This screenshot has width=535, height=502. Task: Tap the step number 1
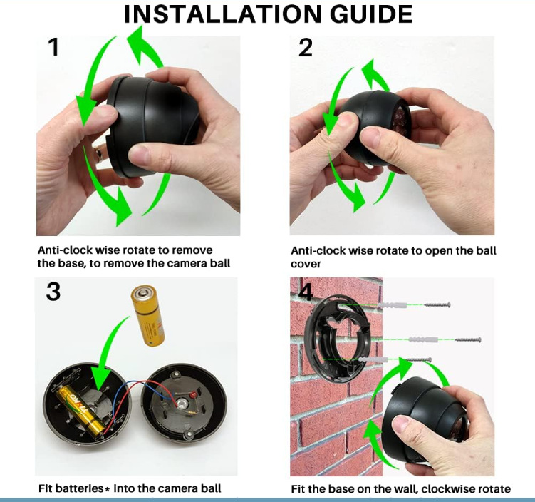coord(54,48)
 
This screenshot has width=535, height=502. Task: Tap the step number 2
coord(306,48)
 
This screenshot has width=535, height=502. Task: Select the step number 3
coord(53,292)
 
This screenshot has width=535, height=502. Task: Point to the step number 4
coord(306,292)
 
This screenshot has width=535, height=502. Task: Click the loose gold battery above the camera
coord(148,316)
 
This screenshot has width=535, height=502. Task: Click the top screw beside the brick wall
coord(437,304)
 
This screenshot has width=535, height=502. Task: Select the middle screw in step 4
coord(468,340)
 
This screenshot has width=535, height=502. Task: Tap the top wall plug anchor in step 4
coord(393,304)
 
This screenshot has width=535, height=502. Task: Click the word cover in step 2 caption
coord(306,264)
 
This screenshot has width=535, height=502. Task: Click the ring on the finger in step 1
coord(99,154)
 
